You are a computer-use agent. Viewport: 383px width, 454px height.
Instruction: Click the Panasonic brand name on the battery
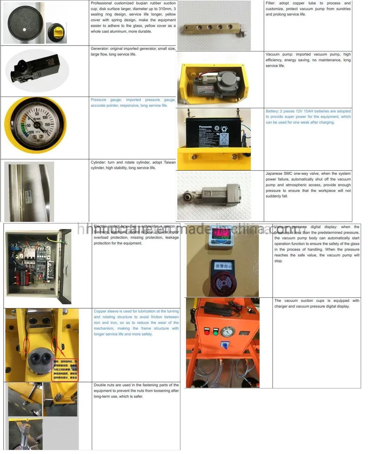click(205, 127)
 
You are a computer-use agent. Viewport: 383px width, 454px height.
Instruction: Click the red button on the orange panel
click(207, 332)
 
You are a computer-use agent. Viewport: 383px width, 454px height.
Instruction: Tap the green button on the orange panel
click(216, 332)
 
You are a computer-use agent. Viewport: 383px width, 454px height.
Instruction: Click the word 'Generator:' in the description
click(99, 48)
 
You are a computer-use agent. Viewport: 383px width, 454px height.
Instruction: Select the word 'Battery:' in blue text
click(272, 111)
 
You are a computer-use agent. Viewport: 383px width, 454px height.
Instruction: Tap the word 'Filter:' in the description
click(271, 3)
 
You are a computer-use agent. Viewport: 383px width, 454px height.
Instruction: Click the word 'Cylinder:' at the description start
click(98, 162)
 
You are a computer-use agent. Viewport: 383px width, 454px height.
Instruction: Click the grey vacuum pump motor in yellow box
click(228, 81)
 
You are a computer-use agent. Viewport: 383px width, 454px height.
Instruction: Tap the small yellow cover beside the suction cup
click(57, 33)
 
